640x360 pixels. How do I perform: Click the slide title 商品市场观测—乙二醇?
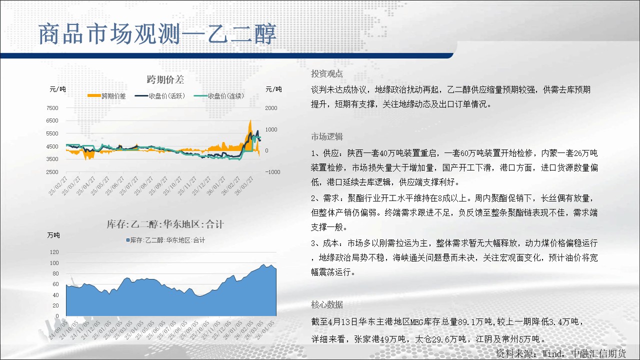click(x=157, y=34)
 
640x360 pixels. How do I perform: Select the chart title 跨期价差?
click(x=165, y=79)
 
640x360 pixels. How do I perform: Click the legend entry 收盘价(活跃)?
click(x=160, y=96)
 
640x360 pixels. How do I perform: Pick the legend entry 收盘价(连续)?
click(x=219, y=96)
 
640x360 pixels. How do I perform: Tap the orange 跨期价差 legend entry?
click(x=106, y=96)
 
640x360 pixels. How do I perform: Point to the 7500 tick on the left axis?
click(x=52, y=108)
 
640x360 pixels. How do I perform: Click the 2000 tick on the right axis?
click(x=271, y=108)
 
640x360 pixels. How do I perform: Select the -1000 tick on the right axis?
click(x=272, y=172)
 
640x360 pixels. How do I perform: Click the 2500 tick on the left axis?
click(x=52, y=172)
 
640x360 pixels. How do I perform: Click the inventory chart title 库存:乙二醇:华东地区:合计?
click(x=165, y=224)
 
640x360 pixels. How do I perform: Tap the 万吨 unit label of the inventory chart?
click(x=53, y=235)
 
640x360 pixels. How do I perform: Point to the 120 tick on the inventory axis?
click(x=54, y=252)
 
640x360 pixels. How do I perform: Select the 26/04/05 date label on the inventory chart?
click(x=265, y=329)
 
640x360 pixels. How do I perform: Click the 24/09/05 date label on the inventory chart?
click(x=58, y=329)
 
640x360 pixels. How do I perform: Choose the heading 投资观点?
click(x=327, y=73)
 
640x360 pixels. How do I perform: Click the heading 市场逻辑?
click(x=327, y=137)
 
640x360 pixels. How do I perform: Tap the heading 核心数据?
click(x=327, y=305)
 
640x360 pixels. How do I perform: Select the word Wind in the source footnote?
click(x=551, y=354)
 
